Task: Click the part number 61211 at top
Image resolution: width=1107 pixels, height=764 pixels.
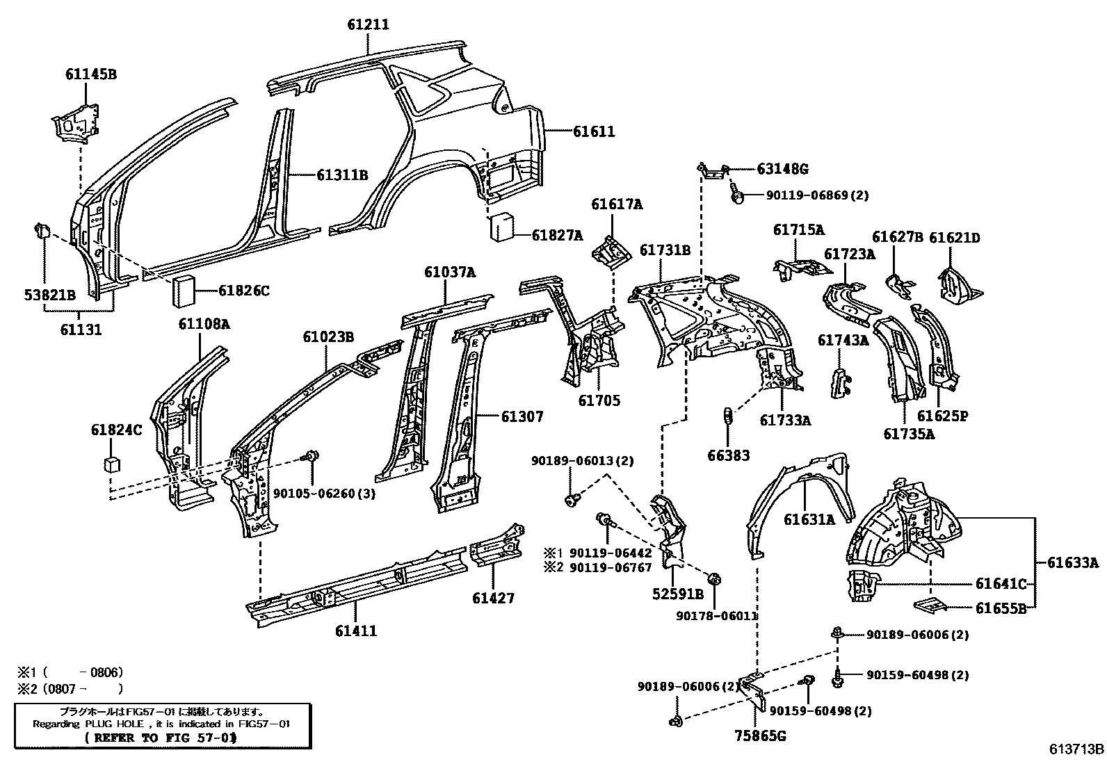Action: pos(368,24)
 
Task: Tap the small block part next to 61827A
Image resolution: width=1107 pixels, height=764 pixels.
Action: pos(503,227)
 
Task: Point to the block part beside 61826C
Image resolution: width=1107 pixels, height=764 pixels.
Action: pos(185,289)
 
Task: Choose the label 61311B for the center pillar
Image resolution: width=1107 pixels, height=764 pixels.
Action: pos(341,175)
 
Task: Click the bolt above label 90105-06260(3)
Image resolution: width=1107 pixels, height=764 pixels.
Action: pos(311,456)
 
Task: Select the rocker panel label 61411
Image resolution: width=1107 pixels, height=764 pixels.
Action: pos(355,631)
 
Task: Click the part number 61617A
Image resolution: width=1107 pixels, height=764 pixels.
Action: pos(617,204)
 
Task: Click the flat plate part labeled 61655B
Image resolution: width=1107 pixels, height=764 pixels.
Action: pos(930,605)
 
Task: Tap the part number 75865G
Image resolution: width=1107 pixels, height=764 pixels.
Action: pos(760,735)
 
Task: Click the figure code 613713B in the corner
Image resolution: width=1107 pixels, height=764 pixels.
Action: pos(1076,749)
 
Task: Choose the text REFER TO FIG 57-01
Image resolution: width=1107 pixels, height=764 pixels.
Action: pos(160,738)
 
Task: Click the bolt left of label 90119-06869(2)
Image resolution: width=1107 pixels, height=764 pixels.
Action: pos(738,195)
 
